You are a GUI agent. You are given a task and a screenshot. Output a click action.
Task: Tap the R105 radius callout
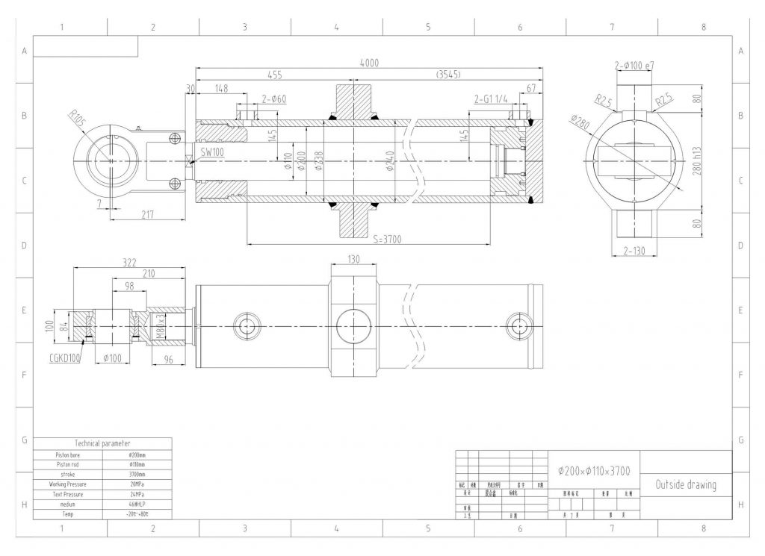point(76,119)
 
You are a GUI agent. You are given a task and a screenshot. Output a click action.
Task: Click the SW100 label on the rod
point(212,152)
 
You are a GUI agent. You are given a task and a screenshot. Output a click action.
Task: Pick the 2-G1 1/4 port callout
point(490,99)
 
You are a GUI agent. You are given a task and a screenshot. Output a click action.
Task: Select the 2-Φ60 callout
point(274,99)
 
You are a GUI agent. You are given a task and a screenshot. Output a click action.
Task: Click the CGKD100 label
point(65,357)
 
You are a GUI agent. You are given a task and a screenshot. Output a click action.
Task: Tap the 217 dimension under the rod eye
point(146,215)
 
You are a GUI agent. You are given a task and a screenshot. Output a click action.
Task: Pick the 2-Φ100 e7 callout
point(634,66)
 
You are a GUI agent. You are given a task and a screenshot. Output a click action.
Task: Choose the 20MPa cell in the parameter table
point(137,484)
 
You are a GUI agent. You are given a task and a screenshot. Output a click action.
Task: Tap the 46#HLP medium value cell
point(137,505)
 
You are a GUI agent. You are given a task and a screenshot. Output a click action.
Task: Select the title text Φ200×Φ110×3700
point(594,471)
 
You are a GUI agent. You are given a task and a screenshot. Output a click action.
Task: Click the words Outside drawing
point(685,485)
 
